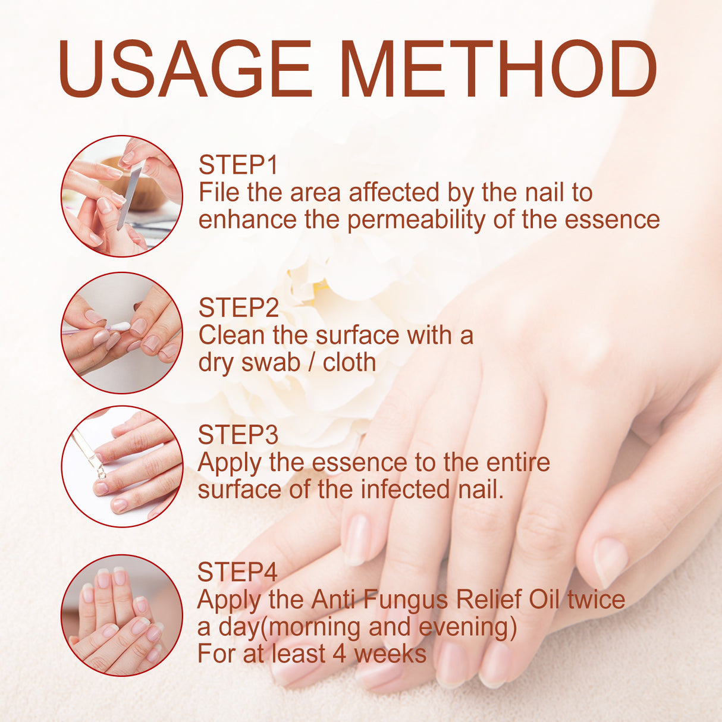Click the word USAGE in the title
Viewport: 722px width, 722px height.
(x=184, y=69)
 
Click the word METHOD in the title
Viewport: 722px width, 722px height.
(x=498, y=69)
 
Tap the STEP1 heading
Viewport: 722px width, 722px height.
(x=238, y=165)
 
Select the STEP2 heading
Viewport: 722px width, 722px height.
(x=238, y=308)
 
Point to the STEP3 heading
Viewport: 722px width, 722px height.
(x=238, y=435)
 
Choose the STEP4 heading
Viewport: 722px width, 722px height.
(x=237, y=572)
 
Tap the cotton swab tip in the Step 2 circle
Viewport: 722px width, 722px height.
(x=119, y=327)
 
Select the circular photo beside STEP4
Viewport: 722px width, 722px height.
(x=122, y=615)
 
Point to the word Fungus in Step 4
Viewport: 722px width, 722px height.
(x=406, y=599)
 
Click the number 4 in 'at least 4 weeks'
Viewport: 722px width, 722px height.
(x=339, y=654)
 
